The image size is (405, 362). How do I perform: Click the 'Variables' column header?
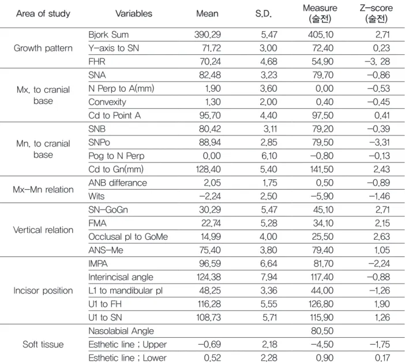click(x=134, y=13)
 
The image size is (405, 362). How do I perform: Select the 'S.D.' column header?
click(x=264, y=13)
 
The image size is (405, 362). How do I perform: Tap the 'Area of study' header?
click(x=43, y=13)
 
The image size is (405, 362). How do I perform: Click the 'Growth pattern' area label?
click(x=43, y=48)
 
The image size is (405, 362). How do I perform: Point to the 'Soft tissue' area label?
click(x=43, y=344)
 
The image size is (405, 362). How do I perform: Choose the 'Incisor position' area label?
click(x=43, y=291)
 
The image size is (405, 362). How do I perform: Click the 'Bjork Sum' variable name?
click(x=108, y=35)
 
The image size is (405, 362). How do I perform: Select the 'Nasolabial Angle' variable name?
click(x=121, y=331)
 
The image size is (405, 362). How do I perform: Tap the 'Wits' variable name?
click(x=96, y=196)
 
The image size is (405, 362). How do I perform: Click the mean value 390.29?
click(x=208, y=35)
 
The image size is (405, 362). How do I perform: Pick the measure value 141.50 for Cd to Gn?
click(x=321, y=169)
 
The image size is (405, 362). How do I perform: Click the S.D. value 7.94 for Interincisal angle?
click(x=269, y=277)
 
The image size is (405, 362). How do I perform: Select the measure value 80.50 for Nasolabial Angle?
click(x=322, y=331)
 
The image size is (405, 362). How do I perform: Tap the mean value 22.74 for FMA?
click(x=211, y=223)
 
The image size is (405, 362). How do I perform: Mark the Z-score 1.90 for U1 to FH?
click(x=382, y=304)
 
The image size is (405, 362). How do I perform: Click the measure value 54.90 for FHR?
click(x=322, y=62)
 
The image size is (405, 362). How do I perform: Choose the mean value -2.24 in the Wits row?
click(x=210, y=196)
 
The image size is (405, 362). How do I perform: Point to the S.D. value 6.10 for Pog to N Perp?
click(x=269, y=156)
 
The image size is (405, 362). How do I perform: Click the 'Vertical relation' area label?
click(x=43, y=230)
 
